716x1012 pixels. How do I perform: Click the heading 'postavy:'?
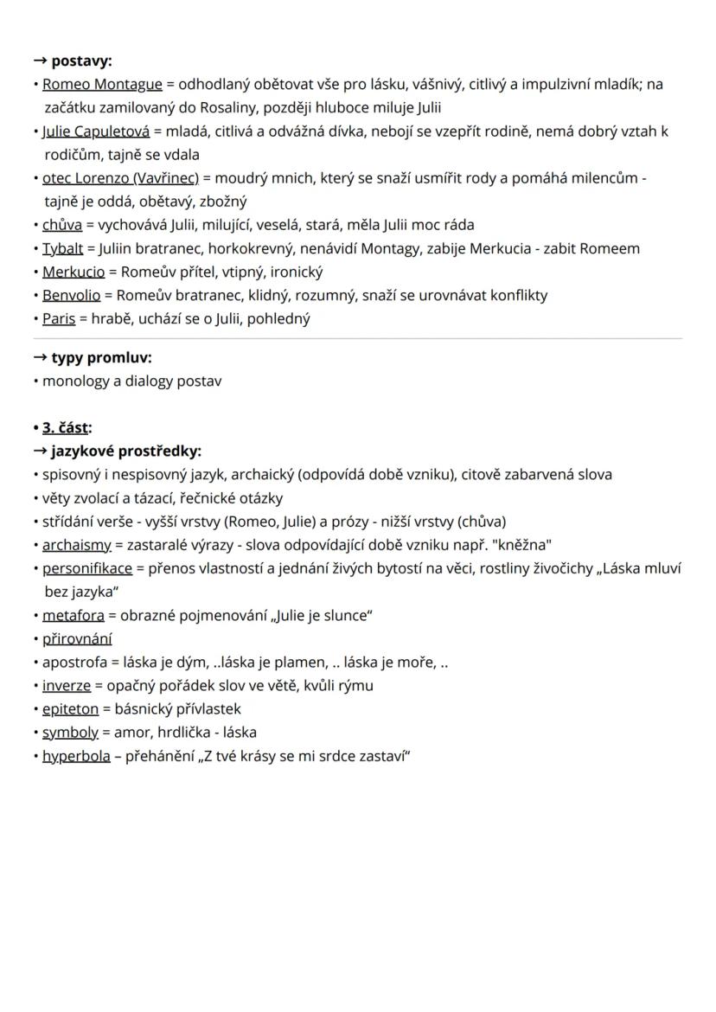pyautogui.click(x=81, y=61)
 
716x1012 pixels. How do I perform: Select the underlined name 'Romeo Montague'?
pyautogui.click(x=102, y=84)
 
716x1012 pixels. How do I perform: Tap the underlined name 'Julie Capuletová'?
pyautogui.click(x=96, y=131)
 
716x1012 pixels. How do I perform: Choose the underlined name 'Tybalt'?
pyautogui.click(x=63, y=248)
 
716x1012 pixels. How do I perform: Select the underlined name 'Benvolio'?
pyautogui.click(x=71, y=295)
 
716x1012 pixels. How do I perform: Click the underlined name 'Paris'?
pyautogui.click(x=59, y=318)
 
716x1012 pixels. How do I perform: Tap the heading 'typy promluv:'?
pyautogui.click(x=101, y=357)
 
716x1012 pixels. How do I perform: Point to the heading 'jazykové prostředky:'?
pyautogui.click(x=126, y=451)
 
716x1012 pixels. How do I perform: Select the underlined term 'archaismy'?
pyautogui.click(x=77, y=545)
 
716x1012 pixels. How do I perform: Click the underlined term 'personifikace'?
pyautogui.click(x=87, y=568)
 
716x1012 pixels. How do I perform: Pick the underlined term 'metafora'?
pyautogui.click(x=74, y=616)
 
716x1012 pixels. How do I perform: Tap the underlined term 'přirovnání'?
pyautogui.click(x=77, y=639)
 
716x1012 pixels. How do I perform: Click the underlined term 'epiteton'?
pyautogui.click(x=70, y=709)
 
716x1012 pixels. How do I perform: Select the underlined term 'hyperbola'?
pyautogui.click(x=76, y=756)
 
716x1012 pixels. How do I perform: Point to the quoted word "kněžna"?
pyautogui.click(x=521, y=545)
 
